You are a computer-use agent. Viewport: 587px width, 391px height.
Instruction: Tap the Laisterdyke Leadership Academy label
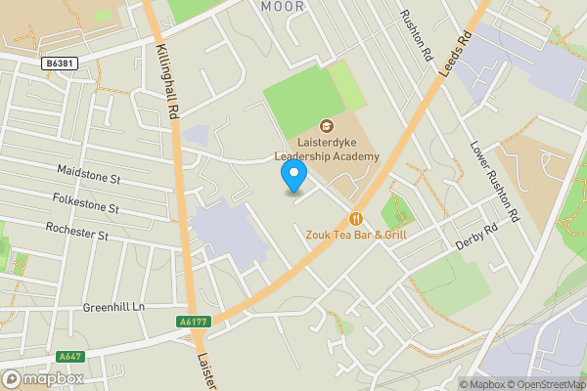pos(326,150)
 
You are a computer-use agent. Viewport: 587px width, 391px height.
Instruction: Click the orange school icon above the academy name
pos(326,125)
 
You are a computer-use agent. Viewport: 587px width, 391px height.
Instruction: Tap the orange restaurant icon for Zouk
pos(356,217)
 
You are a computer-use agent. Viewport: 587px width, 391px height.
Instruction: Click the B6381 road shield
pos(62,64)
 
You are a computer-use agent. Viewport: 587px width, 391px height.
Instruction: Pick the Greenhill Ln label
pos(113,307)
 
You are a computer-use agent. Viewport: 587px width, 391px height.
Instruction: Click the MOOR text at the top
pos(283,7)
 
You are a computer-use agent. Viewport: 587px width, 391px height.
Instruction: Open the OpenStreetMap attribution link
pos(544,384)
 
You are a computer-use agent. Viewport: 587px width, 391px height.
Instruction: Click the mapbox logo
pos(43,378)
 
